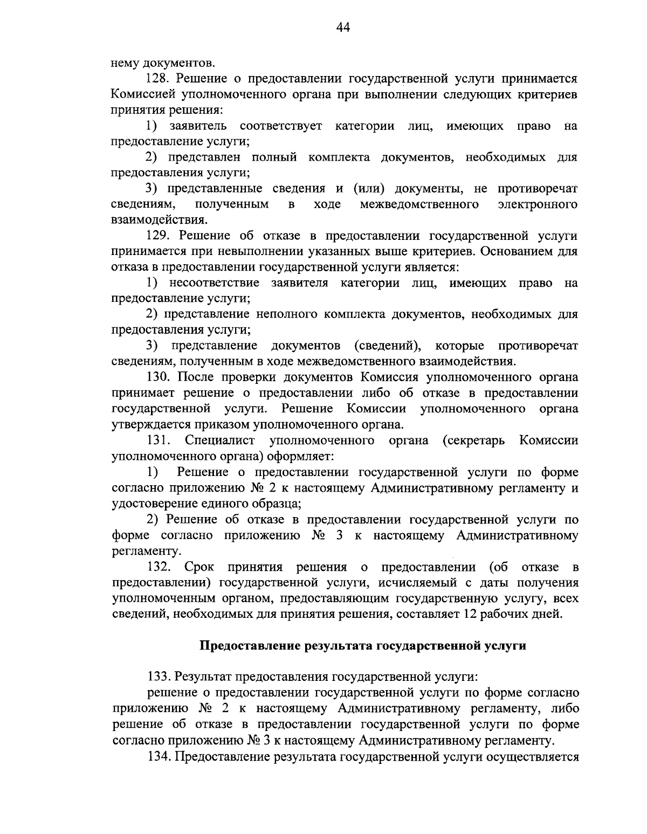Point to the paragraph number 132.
159,567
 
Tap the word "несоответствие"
214,283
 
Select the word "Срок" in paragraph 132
199,567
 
